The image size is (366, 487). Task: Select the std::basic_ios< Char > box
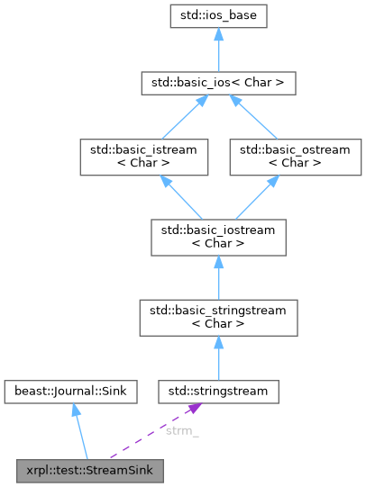(x=219, y=84)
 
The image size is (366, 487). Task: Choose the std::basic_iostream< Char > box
(x=219, y=235)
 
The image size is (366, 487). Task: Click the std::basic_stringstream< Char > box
(x=219, y=315)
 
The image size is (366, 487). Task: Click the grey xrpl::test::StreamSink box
(x=91, y=470)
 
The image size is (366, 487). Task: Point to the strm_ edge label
(x=182, y=430)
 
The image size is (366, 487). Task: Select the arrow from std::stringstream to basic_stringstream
(x=219, y=356)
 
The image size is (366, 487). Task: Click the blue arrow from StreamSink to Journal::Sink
(x=82, y=432)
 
